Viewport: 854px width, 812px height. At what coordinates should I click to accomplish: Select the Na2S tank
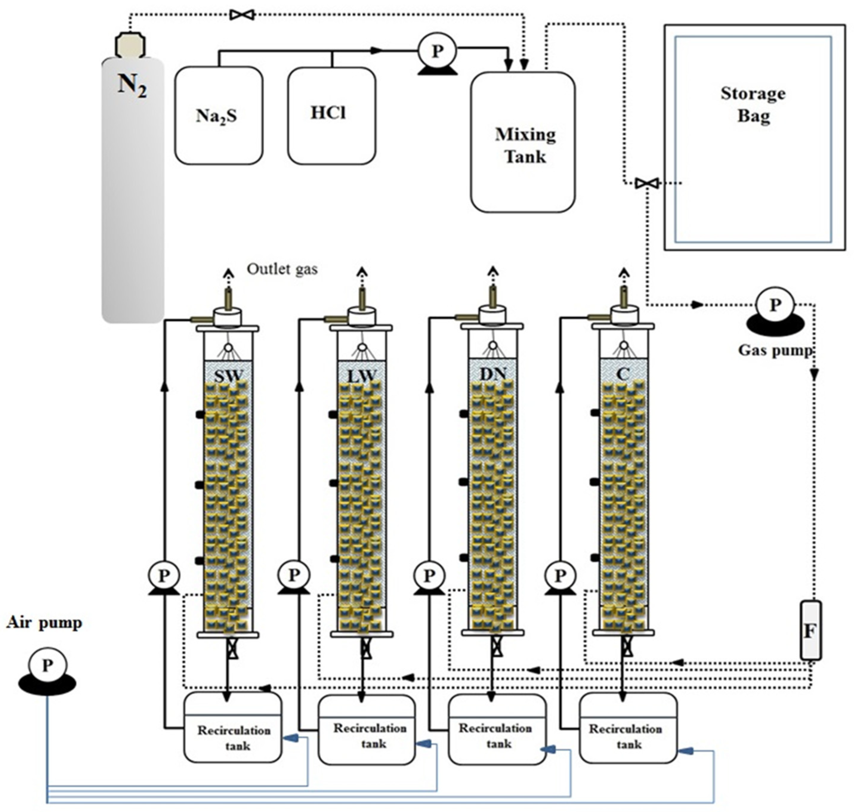pos(218,116)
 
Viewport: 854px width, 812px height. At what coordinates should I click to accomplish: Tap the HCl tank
pos(331,116)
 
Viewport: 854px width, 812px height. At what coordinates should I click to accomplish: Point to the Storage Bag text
pos(753,104)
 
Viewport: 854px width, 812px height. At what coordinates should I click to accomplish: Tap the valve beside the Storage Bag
pos(647,183)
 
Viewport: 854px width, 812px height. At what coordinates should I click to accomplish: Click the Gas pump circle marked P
pos(774,305)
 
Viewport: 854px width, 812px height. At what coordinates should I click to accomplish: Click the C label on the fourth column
pos(623,374)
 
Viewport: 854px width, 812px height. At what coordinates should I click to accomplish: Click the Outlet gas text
pos(282,269)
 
